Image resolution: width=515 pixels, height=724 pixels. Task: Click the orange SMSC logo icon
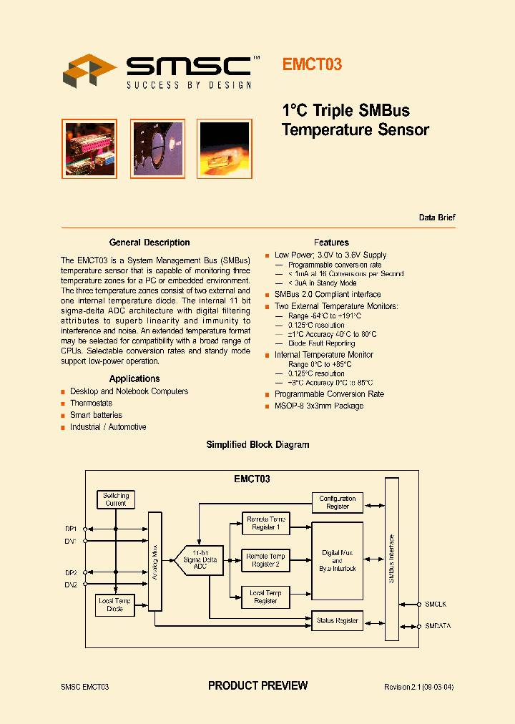[89, 72]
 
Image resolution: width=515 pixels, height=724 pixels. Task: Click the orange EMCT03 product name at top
[312, 64]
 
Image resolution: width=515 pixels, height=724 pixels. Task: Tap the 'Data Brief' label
[436, 217]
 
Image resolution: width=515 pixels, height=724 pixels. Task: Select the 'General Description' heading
[149, 243]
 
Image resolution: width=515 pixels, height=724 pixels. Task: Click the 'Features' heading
[331, 243]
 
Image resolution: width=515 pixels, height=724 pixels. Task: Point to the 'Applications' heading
[134, 378]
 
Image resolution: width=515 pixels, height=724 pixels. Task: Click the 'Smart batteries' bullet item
[96, 415]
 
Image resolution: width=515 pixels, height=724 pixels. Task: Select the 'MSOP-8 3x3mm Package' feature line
[319, 406]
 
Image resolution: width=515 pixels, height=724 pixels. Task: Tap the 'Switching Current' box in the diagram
[115, 499]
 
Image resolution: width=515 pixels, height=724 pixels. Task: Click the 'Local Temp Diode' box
[115, 605]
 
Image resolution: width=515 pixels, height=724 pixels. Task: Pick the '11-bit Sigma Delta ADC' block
[200, 557]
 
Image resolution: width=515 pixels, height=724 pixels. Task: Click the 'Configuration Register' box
[337, 502]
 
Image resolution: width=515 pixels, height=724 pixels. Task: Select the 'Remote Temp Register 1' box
[265, 523]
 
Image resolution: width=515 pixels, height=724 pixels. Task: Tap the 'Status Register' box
[337, 620]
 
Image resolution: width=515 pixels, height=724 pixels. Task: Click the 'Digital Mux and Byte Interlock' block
[337, 559]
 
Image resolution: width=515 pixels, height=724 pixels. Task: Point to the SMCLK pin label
[436, 605]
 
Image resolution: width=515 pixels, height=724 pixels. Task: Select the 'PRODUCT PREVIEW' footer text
[257, 685]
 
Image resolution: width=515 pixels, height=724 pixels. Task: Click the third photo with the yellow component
[224, 148]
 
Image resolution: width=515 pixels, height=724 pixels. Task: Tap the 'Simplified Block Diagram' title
[257, 444]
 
